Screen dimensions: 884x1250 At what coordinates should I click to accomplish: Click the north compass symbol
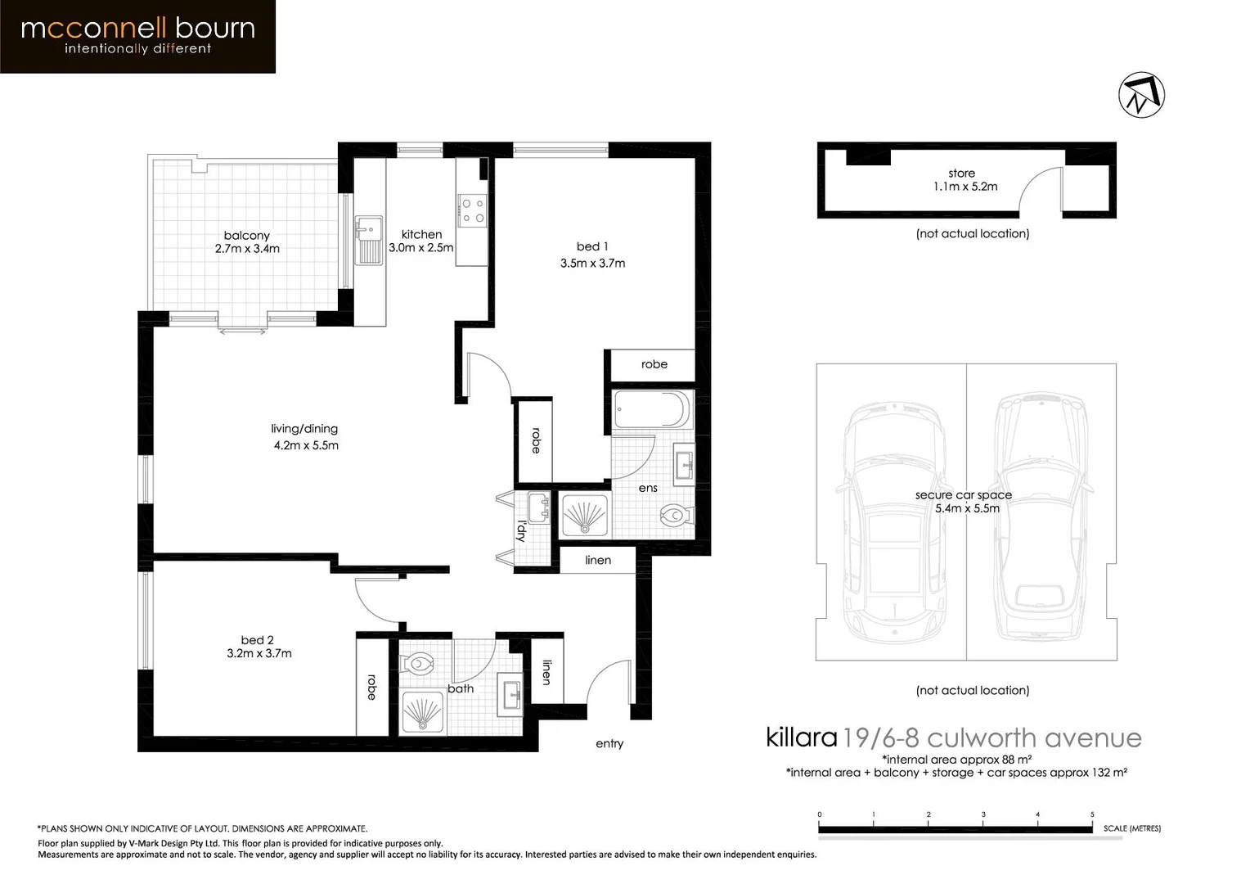[x=1141, y=95]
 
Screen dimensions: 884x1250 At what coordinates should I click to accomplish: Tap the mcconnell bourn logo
[x=137, y=36]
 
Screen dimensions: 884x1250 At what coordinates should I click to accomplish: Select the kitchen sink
[x=369, y=240]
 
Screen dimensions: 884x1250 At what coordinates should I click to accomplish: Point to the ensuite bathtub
[x=652, y=409]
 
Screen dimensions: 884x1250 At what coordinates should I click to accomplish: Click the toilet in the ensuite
[x=675, y=515]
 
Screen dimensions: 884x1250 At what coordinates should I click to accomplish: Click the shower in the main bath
[x=422, y=712]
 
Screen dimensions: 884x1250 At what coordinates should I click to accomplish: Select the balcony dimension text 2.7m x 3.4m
[x=247, y=249]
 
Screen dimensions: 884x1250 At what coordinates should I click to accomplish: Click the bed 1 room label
[x=592, y=246]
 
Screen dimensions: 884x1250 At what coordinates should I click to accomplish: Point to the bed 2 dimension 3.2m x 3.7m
[x=259, y=653]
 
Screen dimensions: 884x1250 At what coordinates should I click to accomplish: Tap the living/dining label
[x=304, y=429]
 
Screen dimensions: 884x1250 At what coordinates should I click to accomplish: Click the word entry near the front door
[x=609, y=743]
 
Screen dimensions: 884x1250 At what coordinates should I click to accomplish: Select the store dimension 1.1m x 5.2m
[x=965, y=187]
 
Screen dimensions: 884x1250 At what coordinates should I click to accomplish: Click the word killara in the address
[x=801, y=737]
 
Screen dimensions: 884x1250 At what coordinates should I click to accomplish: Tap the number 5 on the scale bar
[x=1092, y=814]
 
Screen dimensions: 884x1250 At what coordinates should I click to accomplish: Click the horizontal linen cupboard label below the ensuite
[x=598, y=560]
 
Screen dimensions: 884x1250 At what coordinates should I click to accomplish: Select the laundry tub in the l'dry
[x=539, y=507]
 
